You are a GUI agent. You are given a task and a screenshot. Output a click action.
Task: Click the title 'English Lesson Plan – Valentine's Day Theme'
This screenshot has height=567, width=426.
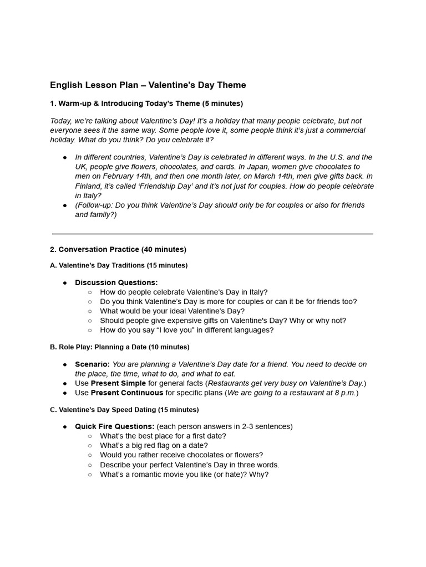pos(148,85)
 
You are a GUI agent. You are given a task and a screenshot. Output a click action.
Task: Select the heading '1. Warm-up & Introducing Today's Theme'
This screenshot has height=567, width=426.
pos(146,104)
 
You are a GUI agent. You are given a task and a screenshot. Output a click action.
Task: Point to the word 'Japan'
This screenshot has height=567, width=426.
pos(256,167)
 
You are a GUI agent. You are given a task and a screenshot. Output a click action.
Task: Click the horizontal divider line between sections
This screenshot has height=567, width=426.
pos(212,234)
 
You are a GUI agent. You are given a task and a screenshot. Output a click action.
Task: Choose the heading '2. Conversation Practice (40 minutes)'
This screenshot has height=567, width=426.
pos(118,249)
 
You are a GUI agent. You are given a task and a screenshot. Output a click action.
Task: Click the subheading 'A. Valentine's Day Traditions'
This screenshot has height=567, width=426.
pos(119,265)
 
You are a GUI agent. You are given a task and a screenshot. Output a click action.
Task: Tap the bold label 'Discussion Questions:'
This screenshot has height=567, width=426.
pos(116,282)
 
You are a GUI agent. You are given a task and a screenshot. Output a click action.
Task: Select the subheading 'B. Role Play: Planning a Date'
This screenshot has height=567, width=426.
pos(119,347)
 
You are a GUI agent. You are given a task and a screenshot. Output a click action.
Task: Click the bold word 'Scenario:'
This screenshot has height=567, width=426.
pos(93,364)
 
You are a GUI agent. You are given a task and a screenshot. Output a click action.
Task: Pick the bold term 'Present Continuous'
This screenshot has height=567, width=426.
pos(127,393)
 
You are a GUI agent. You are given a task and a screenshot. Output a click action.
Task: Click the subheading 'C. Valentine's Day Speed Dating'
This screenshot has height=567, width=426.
pos(124,410)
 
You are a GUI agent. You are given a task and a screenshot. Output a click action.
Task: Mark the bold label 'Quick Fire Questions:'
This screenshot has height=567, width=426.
pos(115,426)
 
